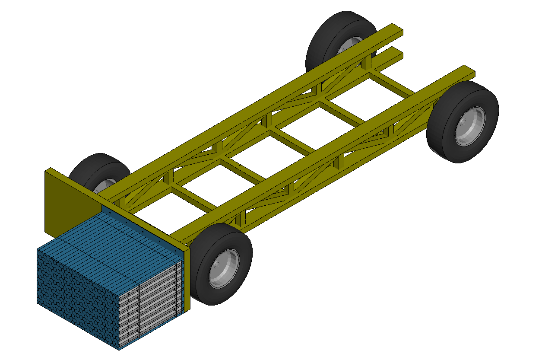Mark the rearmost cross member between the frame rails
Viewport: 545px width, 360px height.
click(x=391, y=84)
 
